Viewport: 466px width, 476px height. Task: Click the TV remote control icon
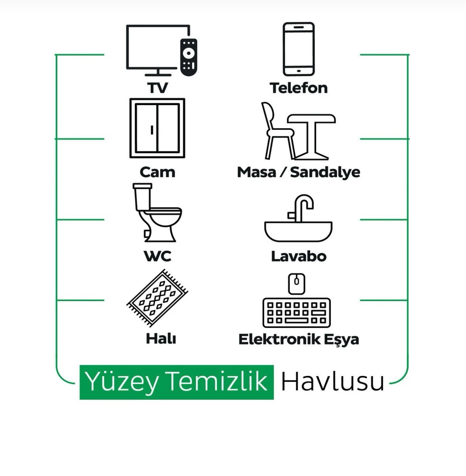tap(189, 57)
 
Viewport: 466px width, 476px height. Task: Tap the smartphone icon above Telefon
tap(298, 49)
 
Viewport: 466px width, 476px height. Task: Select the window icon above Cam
tap(158, 128)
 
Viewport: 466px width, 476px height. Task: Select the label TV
tap(158, 88)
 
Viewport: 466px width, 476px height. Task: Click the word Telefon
tap(298, 88)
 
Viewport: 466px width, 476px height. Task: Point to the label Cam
tap(158, 172)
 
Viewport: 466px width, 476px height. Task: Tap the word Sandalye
tap(325, 172)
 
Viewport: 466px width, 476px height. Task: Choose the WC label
tap(158, 256)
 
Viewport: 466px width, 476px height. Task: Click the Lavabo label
tap(299, 256)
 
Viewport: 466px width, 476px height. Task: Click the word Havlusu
tap(333, 382)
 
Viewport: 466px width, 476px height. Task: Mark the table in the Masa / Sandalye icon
tap(312, 137)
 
